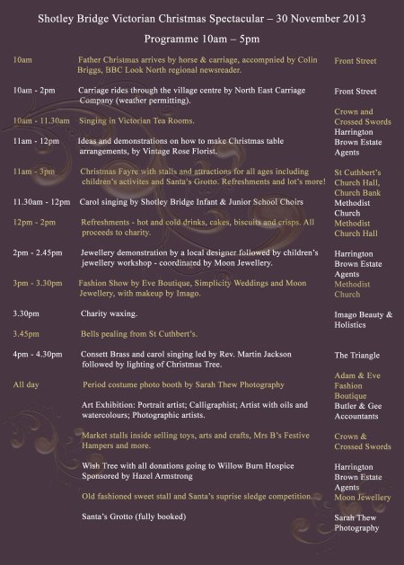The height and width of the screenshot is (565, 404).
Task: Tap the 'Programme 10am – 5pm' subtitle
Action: pyautogui.click(x=201, y=41)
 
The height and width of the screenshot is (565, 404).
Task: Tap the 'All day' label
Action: pyautogui.click(x=28, y=384)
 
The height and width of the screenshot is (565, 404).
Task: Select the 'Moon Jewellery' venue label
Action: pyautogui.click(x=363, y=497)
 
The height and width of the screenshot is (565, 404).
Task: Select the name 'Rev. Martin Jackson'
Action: pyautogui.click(x=223, y=356)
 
